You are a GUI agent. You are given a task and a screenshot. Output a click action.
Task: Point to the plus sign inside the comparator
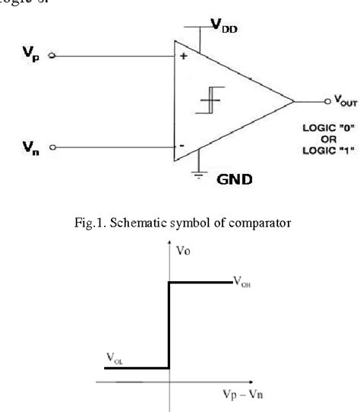pos(184,55)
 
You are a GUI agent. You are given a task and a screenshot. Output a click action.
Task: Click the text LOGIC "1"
pos(326,151)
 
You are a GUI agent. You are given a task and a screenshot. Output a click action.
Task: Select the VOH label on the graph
pos(242,284)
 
